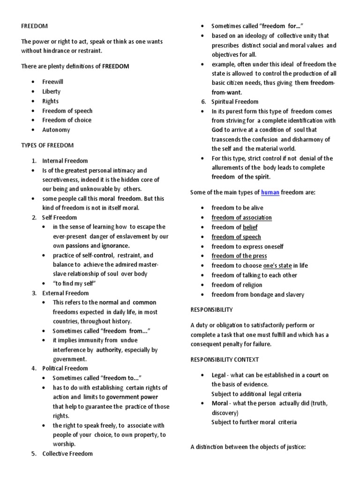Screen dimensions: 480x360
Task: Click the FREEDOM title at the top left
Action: coord(34,26)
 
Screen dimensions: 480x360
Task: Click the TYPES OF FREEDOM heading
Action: coord(47,145)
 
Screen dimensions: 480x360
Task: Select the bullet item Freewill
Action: coord(52,82)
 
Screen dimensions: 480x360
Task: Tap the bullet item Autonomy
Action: coord(56,130)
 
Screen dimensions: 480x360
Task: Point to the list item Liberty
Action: coord(51,91)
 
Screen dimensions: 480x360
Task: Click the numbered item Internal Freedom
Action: coord(65,161)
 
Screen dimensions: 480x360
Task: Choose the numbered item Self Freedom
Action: coord(60,217)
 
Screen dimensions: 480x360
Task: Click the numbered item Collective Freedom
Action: coord(67,453)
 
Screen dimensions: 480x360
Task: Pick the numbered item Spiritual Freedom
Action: coord(235,102)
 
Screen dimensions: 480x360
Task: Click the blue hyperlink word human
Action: coord(270,192)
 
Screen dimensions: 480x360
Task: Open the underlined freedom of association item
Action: coord(241,217)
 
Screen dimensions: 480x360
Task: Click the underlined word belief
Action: coord(250,227)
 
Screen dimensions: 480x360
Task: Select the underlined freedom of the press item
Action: coord(239,256)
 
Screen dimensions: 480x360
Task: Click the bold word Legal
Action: coord(218,375)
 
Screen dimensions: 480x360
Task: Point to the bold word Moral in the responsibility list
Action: coord(219,403)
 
